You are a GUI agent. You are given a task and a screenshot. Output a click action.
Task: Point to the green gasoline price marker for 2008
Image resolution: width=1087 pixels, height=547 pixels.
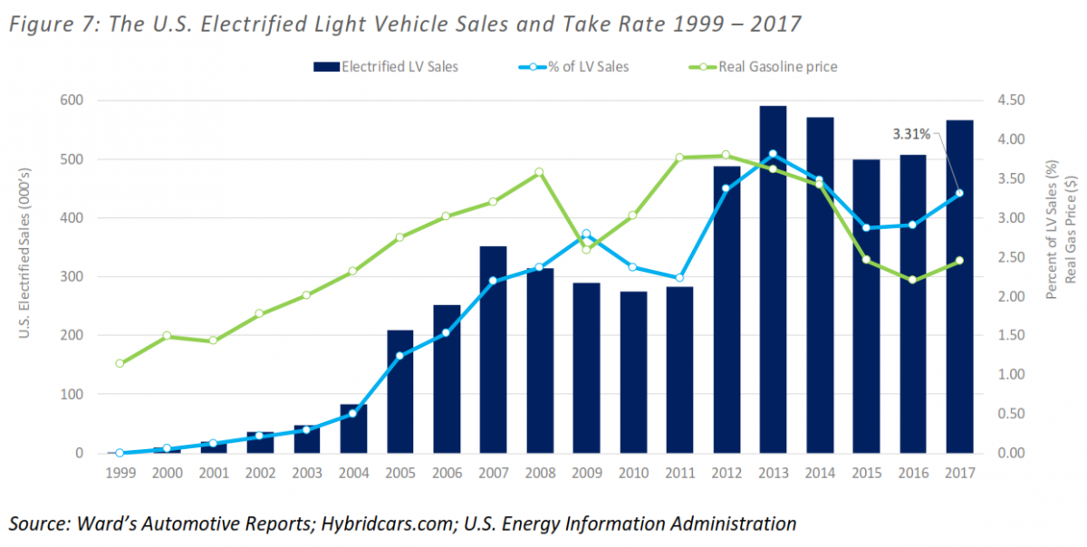pyautogui.click(x=539, y=172)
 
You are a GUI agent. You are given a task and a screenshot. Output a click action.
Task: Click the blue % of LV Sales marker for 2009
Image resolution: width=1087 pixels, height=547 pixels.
pyautogui.click(x=586, y=234)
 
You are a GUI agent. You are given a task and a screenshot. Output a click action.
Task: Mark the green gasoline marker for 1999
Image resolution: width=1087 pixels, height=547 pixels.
pyautogui.click(x=120, y=363)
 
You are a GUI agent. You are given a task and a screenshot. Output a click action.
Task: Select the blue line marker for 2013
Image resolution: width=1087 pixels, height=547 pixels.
pyautogui.click(x=773, y=154)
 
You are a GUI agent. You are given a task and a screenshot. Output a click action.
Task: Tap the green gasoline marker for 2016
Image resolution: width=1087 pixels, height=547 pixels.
pyautogui.click(x=912, y=280)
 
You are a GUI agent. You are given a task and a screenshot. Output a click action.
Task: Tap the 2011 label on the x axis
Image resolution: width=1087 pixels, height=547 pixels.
pyautogui.click(x=679, y=472)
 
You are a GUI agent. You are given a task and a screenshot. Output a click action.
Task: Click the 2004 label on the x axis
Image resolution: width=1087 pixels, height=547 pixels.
pyautogui.click(x=353, y=472)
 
